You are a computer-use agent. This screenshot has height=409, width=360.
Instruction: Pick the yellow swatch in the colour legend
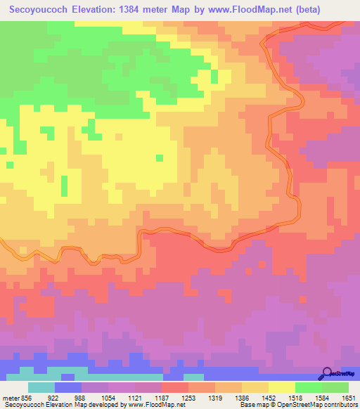click(x=281, y=387)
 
